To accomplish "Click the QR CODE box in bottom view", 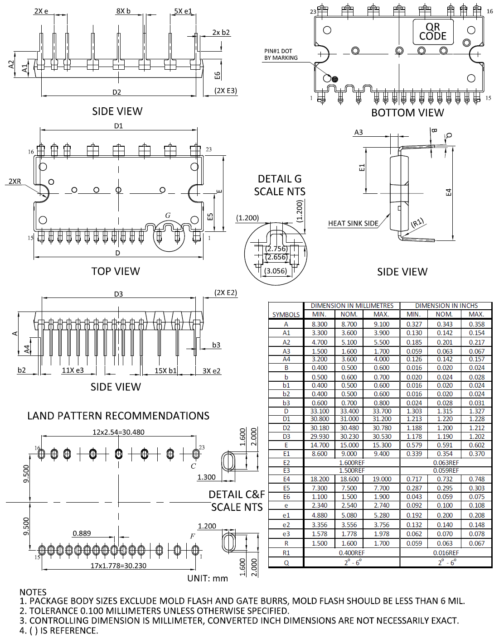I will click(x=432, y=32).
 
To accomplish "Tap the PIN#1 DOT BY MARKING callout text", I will click(x=281, y=54).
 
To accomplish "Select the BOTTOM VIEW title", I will click(x=407, y=113).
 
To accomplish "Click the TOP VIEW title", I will click(x=116, y=271).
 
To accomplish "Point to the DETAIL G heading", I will click(x=280, y=179).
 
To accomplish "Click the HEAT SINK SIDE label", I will click(x=353, y=223).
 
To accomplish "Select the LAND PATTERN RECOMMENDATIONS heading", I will click(x=118, y=416).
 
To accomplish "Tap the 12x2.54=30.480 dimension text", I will click(x=118, y=432).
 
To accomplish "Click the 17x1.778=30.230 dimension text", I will click(x=118, y=566).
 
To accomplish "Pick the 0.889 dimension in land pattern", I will click(x=82, y=533).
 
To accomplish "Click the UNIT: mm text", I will click(x=208, y=578).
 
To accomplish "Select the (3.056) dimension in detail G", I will click(x=276, y=271).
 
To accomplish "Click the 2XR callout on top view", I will click(x=15, y=181).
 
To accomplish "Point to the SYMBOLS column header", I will click(x=286, y=314).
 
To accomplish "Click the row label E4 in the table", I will click(x=286, y=479).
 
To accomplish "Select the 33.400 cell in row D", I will click(x=349, y=411).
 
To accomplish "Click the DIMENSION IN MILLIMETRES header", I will click(x=352, y=306).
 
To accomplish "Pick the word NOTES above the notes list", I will click(x=33, y=592).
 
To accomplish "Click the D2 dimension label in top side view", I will click(x=117, y=92).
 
